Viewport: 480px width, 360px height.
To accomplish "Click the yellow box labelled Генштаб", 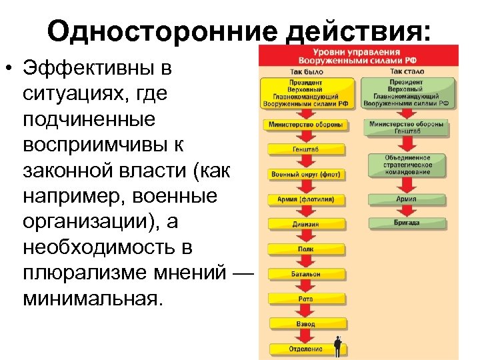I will pyautogui.click(x=306, y=149).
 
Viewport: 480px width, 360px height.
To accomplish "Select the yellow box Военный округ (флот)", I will pyautogui.click(x=306, y=174).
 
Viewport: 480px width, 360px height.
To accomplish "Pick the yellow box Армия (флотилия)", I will pyautogui.click(x=306, y=199).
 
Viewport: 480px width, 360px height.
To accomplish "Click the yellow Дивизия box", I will pyautogui.click(x=306, y=224).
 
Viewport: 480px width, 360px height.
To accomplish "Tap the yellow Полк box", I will pyautogui.click(x=306, y=249).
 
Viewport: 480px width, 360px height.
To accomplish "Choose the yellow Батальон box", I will pyautogui.click(x=306, y=273).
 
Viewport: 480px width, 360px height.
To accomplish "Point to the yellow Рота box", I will pyautogui.click(x=306, y=299).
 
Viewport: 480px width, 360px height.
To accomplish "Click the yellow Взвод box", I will pyautogui.click(x=306, y=323).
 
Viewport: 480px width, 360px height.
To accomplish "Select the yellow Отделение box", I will pyautogui.click(x=306, y=349).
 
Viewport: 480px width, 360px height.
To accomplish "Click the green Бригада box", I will pyautogui.click(x=407, y=222).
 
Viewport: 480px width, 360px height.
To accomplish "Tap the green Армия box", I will pyautogui.click(x=407, y=199).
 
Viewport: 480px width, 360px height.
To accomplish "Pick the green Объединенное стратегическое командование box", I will pyautogui.click(x=407, y=165).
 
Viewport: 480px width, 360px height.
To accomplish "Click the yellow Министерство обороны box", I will pyautogui.click(x=306, y=125).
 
